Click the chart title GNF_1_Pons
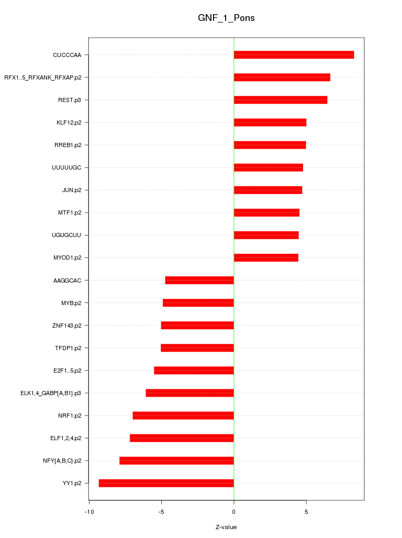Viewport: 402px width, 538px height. (226, 18)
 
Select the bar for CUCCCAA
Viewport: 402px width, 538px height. (294, 55)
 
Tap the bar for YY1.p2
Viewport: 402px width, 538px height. (166, 483)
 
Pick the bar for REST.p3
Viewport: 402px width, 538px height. (281, 100)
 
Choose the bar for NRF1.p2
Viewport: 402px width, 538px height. (183, 416)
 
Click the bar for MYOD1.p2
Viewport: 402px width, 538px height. (266, 257)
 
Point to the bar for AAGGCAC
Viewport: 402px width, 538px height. (199, 281)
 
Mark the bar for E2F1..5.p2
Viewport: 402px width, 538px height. (194, 371)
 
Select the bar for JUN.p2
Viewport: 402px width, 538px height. (268, 190)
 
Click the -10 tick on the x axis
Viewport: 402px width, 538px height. (89, 511)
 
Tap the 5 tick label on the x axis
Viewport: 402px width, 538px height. (306, 511)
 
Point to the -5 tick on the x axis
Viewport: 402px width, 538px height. (161, 511)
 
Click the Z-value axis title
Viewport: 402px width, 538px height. (226, 527)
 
